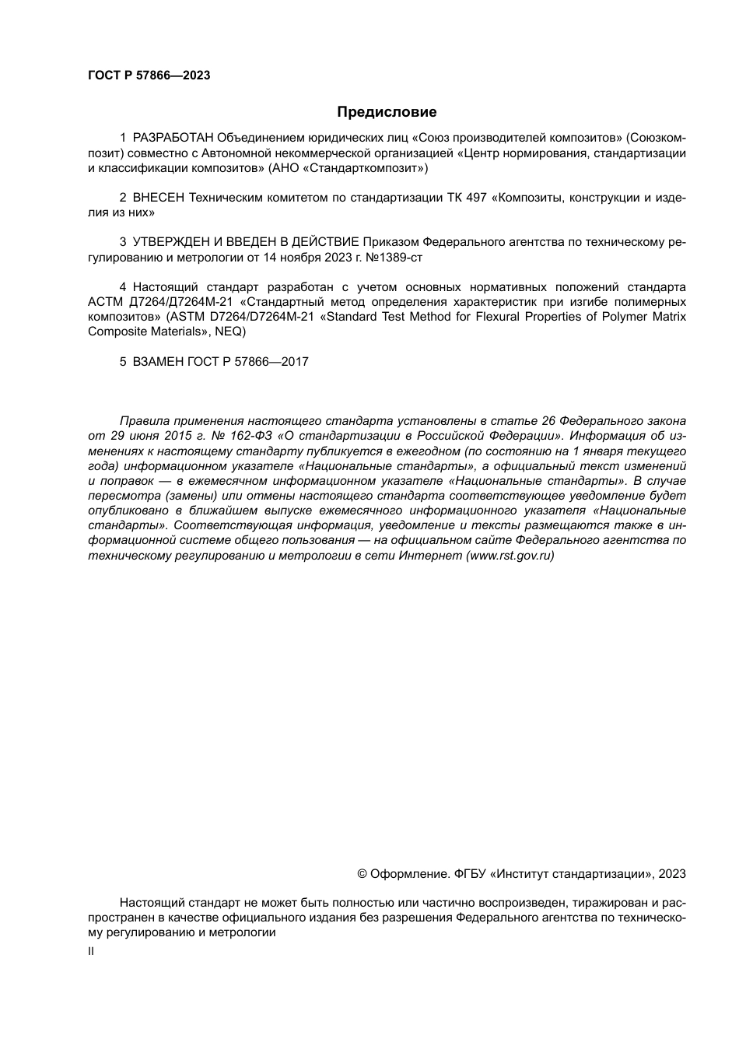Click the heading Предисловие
click(x=387, y=112)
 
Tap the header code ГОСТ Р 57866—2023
click(x=149, y=75)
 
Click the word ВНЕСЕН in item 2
click(x=159, y=198)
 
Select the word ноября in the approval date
click(x=299, y=257)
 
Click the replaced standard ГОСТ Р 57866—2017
click(x=248, y=361)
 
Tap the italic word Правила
click(x=144, y=421)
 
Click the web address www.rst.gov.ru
click(x=509, y=556)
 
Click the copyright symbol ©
click(x=362, y=874)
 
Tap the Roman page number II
click(x=91, y=951)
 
